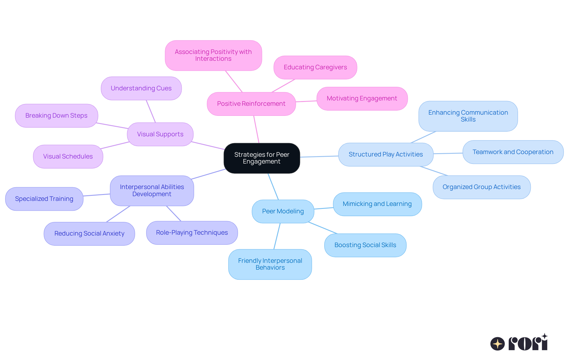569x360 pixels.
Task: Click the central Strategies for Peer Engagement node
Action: pyautogui.click(x=262, y=158)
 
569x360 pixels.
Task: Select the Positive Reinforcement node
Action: pyautogui.click(x=251, y=104)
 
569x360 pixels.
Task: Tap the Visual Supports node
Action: pyautogui.click(x=160, y=134)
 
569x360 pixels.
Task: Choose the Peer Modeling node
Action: pyautogui.click(x=283, y=211)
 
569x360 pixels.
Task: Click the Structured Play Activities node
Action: pyautogui.click(x=386, y=154)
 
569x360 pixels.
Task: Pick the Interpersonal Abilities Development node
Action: pyautogui.click(x=152, y=191)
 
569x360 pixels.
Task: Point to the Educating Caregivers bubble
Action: pyautogui.click(x=315, y=67)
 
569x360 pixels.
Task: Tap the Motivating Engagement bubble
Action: pyautogui.click(x=362, y=98)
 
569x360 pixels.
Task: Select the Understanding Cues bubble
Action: pyautogui.click(x=141, y=88)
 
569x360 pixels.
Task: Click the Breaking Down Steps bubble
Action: pyautogui.click(x=56, y=116)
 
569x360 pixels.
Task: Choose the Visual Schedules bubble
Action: pyautogui.click(x=68, y=156)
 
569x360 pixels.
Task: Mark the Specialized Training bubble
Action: pyautogui.click(x=44, y=199)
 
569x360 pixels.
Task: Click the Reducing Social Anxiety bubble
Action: pyautogui.click(x=89, y=233)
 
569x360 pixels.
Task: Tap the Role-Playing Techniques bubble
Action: pyautogui.click(x=192, y=233)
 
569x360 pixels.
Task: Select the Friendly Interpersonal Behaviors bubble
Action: pyautogui.click(x=270, y=264)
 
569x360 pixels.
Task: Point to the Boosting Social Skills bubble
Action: pyautogui.click(x=365, y=245)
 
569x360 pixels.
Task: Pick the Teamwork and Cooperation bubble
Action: pyautogui.click(x=513, y=152)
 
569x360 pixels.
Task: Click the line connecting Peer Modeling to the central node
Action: pyautogui.click(x=273, y=187)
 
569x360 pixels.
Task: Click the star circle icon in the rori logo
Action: pyautogui.click(x=497, y=344)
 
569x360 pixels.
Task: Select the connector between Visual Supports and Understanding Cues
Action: pyautogui.click(x=151, y=111)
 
